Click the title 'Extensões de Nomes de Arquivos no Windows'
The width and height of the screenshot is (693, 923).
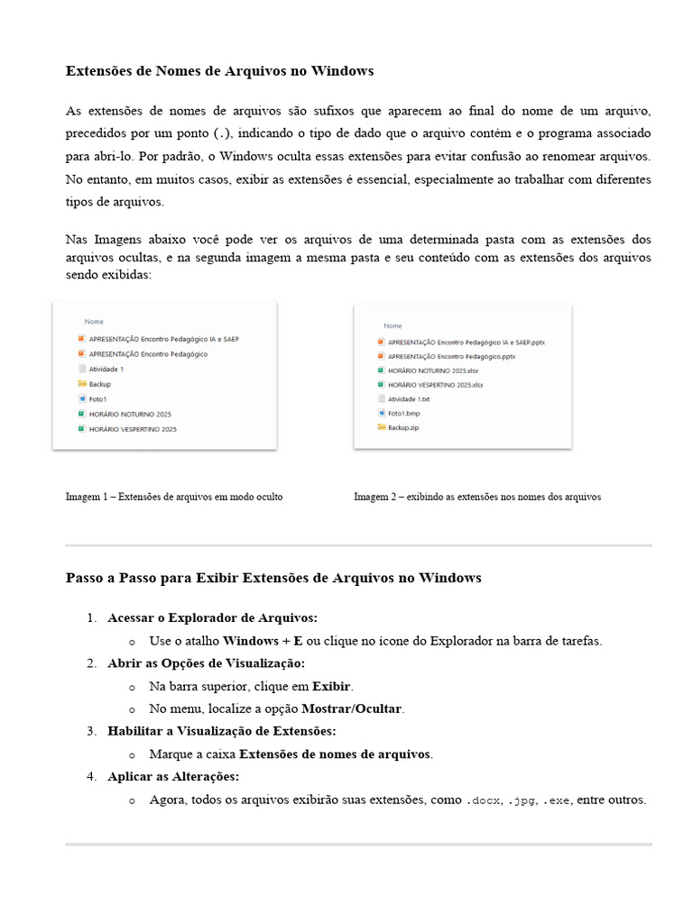219,70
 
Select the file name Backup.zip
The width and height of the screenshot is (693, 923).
403,427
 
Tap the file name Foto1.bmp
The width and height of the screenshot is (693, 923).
405,413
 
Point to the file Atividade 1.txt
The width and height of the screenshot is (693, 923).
409,398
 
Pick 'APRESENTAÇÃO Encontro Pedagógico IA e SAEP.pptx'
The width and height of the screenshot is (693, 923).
466,343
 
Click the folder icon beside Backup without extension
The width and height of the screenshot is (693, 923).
81,384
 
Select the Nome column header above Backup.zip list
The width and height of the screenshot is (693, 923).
393,325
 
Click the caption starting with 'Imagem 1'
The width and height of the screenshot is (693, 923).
174,497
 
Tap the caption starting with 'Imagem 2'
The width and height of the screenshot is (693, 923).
476,497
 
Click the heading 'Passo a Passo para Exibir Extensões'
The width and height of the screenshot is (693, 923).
273,578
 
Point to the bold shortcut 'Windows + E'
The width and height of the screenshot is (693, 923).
263,641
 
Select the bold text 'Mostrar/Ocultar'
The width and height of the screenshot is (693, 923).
353,708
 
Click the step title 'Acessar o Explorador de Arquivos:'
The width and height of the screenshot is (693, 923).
212,617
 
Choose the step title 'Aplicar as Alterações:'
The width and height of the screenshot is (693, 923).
173,776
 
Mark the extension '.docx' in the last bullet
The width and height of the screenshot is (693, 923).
483,800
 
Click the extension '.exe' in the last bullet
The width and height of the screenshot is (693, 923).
557,800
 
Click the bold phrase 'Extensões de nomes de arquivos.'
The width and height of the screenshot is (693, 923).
336,754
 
